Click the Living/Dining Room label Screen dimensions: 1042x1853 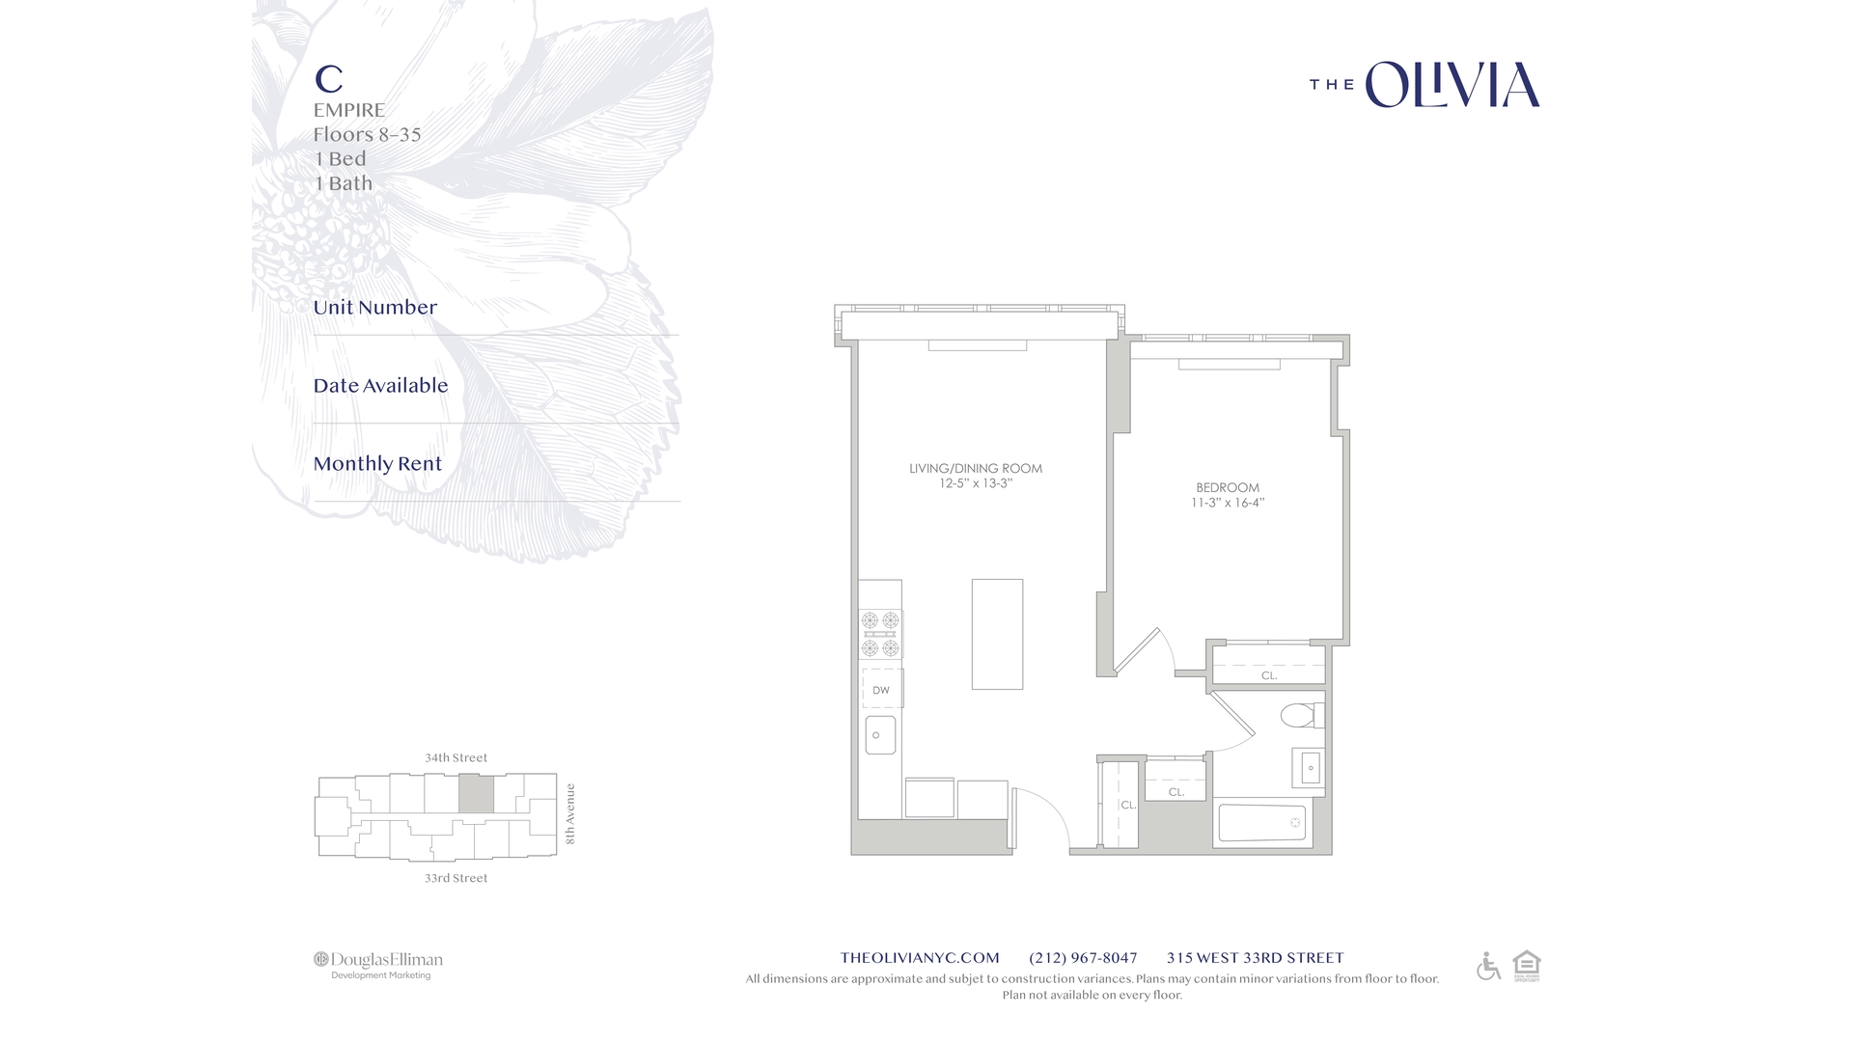[x=975, y=469]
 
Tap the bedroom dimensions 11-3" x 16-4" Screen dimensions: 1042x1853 [x=1227, y=503]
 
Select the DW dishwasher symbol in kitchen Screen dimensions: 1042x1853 [x=881, y=690]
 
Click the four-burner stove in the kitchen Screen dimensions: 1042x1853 [x=880, y=634]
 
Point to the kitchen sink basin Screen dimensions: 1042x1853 [x=880, y=735]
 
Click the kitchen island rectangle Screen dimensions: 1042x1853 [x=997, y=634]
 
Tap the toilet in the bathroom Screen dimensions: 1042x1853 [x=1300, y=716]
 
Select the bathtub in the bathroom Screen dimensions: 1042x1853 [x=1261, y=823]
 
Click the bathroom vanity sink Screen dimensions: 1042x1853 [x=1310, y=769]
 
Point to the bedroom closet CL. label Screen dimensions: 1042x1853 [x=1269, y=675]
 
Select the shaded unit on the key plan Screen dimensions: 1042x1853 [x=475, y=794]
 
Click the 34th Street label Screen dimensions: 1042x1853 [x=456, y=758]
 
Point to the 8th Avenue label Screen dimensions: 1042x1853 [x=570, y=813]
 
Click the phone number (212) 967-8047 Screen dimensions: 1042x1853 [x=1083, y=958]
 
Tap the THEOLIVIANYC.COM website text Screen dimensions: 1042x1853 [x=920, y=958]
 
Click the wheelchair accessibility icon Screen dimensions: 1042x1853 [x=1488, y=966]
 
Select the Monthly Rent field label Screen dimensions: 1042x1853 [x=377, y=464]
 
